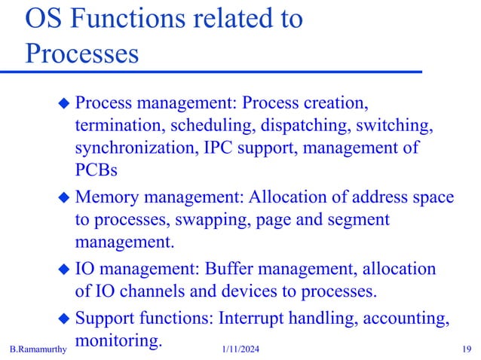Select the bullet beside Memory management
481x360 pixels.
pos(64,198)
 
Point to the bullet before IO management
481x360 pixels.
pos(64,270)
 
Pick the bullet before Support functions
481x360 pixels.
pos(64,319)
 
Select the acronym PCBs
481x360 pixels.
pos(96,170)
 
